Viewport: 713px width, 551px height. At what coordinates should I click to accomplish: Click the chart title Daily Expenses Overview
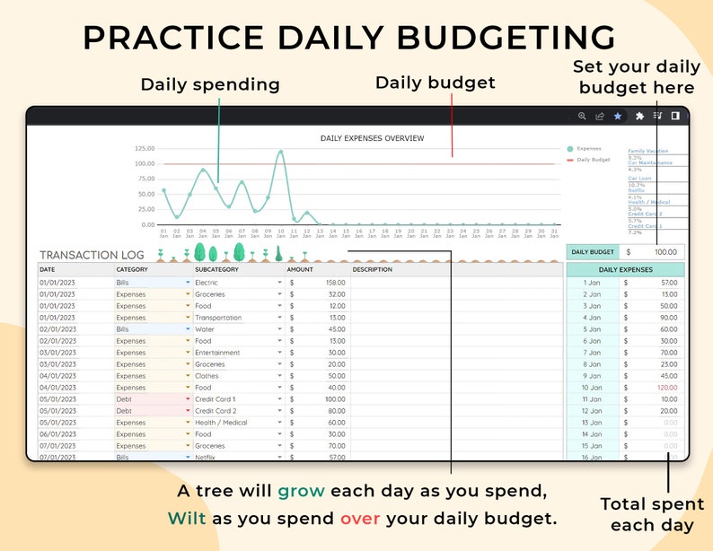coord(372,138)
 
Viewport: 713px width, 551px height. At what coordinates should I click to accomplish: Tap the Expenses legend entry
coord(589,148)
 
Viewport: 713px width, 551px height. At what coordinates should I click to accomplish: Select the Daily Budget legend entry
coord(593,160)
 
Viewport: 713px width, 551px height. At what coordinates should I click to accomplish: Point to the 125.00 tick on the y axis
coord(144,148)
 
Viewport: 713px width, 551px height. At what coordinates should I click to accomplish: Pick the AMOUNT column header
coord(300,269)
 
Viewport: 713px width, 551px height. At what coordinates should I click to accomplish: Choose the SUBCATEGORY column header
coord(216,269)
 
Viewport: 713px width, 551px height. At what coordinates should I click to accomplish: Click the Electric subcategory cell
coord(207,283)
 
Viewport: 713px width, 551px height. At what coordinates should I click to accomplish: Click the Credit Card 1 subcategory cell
coord(215,399)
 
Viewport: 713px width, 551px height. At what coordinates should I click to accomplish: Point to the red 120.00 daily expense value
coord(665,388)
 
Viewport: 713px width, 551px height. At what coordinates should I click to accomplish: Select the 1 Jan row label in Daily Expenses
coord(592,283)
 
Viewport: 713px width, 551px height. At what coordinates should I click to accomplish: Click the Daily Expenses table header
coord(625,269)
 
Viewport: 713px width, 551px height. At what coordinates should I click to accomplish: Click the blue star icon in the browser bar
coord(618,116)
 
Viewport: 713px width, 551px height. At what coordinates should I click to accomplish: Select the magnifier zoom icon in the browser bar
coord(582,116)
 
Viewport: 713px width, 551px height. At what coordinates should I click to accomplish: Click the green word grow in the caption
coord(301,491)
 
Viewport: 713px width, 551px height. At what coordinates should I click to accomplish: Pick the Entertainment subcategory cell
coord(217,353)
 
